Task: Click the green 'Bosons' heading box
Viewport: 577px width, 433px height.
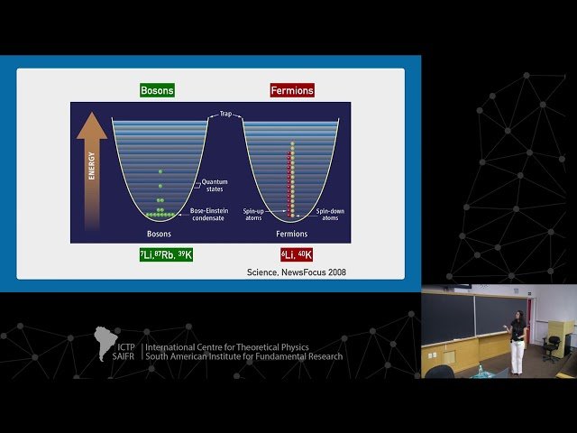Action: coord(157,91)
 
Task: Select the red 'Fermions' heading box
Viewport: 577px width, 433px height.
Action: coord(291,91)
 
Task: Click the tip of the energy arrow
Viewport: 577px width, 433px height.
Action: coord(91,117)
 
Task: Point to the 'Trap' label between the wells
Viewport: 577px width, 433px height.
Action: coord(225,115)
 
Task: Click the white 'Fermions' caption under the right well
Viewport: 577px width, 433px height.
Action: coord(291,234)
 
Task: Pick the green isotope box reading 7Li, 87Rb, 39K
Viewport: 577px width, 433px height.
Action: coord(165,255)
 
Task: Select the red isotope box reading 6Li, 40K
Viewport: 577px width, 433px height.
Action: coord(296,255)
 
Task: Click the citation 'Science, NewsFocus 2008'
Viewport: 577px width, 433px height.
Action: coord(296,272)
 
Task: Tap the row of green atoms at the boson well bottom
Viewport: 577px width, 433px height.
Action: coord(160,216)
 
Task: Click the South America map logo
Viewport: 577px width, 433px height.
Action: coord(106,344)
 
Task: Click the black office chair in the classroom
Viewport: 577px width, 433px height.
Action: coord(552,345)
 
